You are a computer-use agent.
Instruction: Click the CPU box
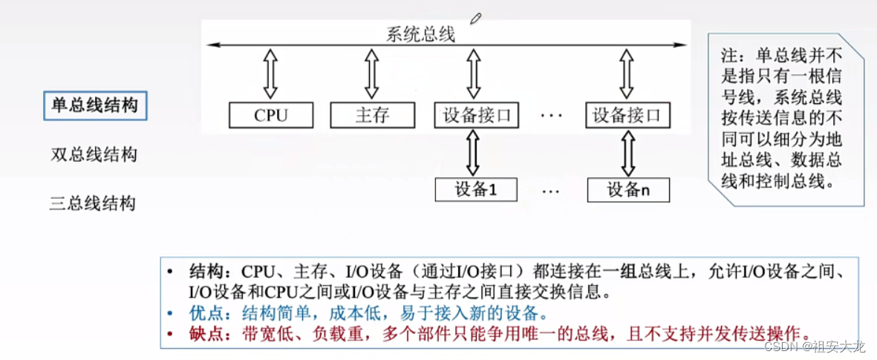pyautogui.click(x=270, y=115)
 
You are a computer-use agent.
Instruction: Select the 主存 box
pyautogui.click(x=372, y=115)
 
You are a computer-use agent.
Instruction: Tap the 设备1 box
pyautogui.click(x=475, y=190)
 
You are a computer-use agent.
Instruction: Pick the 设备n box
pyautogui.click(x=628, y=190)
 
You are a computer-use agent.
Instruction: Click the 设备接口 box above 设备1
pyautogui.click(x=476, y=115)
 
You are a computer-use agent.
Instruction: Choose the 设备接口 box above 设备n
pyautogui.click(x=627, y=115)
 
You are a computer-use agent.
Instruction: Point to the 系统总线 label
pyautogui.click(x=420, y=34)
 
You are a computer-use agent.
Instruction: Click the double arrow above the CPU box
pyautogui.click(x=270, y=74)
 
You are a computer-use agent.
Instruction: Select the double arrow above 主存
pyautogui.click(x=372, y=74)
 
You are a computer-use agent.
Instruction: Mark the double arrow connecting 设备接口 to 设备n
pyautogui.click(x=628, y=153)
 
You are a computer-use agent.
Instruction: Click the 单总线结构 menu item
pyautogui.click(x=94, y=105)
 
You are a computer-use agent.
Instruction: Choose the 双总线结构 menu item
pyautogui.click(x=94, y=155)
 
